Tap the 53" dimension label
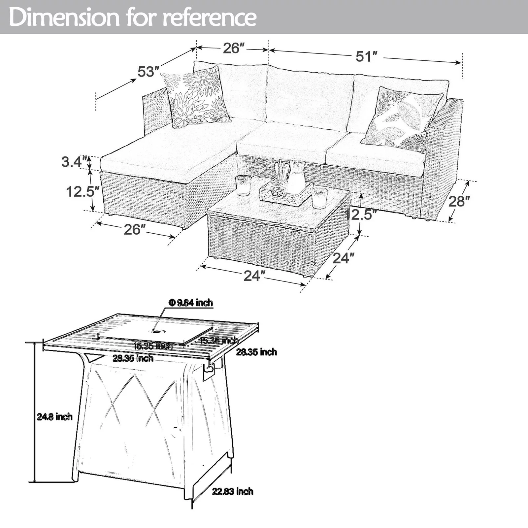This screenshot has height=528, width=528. (148, 71)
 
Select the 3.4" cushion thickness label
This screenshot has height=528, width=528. (75, 162)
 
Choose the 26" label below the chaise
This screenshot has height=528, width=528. (135, 230)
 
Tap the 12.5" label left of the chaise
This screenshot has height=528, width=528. (82, 191)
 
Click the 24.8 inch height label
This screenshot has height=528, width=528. (54, 417)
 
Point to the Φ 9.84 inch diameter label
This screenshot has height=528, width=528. (191, 303)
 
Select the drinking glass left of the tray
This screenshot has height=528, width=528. (243, 185)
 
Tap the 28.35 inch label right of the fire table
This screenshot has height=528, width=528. (256, 352)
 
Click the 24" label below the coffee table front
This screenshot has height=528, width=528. (254, 276)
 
